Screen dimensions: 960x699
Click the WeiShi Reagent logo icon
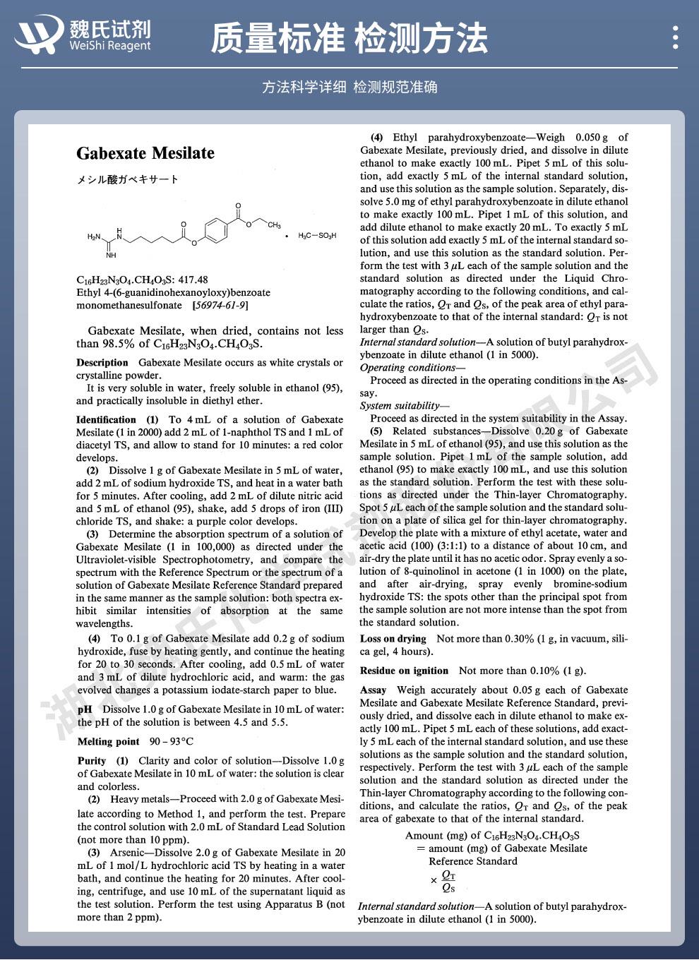tap(39, 35)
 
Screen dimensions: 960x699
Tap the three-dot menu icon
tap(676, 37)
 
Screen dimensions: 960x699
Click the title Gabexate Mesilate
tap(145, 153)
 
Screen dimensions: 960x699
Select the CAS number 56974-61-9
tap(220, 306)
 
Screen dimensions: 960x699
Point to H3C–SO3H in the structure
tap(317, 235)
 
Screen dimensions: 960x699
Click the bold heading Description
tap(102, 363)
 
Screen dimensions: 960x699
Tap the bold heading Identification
tap(106, 419)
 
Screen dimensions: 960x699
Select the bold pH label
tap(85, 709)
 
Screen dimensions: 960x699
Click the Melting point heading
tap(109, 742)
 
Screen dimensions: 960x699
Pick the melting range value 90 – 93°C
tap(171, 742)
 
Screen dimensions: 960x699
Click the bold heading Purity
tap(92, 761)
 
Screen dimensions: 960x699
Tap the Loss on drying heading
tap(393, 639)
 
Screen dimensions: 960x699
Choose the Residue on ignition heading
tap(404, 671)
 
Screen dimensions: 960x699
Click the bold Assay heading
tap(373, 690)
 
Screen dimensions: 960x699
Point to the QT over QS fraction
tap(448, 881)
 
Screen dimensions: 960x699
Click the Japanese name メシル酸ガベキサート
tap(128, 179)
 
